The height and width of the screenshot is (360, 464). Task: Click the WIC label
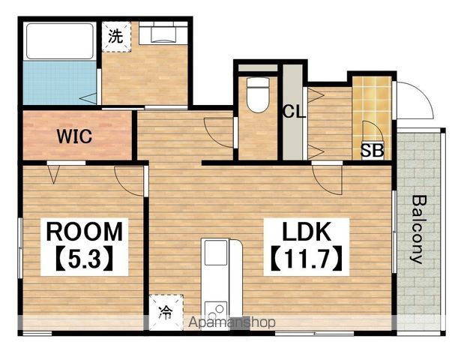pos(74,136)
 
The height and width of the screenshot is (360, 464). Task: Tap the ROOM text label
pos(85,232)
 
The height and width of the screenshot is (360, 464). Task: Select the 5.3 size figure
pos(84,259)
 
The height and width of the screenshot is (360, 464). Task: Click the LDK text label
pos(307,232)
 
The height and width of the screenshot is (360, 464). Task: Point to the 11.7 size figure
pos(307,259)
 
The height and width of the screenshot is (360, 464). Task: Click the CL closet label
pos(294,112)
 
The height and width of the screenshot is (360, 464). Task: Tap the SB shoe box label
pos(372,151)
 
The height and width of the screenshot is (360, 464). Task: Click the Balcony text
pos(420,229)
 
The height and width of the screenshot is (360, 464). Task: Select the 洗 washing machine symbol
pos(116,37)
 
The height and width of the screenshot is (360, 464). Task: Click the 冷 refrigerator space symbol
pos(166,312)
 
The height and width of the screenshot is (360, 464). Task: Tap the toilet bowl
pos(258,94)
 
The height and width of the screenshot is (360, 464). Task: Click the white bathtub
pos(60,41)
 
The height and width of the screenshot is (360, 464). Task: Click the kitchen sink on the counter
pos(216,253)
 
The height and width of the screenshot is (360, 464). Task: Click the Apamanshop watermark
pos(232,322)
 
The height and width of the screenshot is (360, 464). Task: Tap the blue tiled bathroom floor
pos(60,83)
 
